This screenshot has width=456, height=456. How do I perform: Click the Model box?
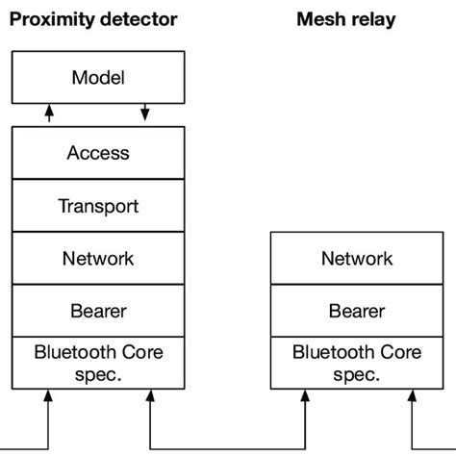pos(97,77)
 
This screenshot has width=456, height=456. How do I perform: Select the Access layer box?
pos(97,153)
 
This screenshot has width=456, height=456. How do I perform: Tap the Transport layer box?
pos(97,206)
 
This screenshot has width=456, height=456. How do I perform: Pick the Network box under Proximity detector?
pos(97,258)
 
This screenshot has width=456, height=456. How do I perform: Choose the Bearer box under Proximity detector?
pos(97,311)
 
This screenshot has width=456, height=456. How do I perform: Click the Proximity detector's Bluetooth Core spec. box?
pos(97,363)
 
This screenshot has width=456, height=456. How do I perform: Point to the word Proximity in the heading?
pos(50,19)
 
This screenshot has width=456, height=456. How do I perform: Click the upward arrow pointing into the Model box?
pos(49,114)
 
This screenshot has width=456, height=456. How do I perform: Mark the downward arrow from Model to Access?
pos(145,114)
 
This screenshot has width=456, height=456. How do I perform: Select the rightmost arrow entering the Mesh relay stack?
pos(411,414)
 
